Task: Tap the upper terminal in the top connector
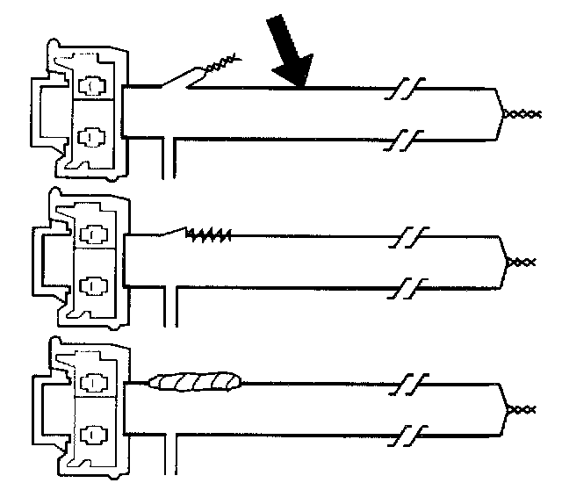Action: (x=90, y=86)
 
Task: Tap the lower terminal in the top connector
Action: (x=90, y=136)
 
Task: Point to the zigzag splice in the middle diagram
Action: (x=211, y=234)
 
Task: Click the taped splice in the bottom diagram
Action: (x=196, y=382)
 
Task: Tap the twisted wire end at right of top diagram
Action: (x=518, y=113)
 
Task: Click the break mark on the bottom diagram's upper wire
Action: (x=409, y=384)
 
